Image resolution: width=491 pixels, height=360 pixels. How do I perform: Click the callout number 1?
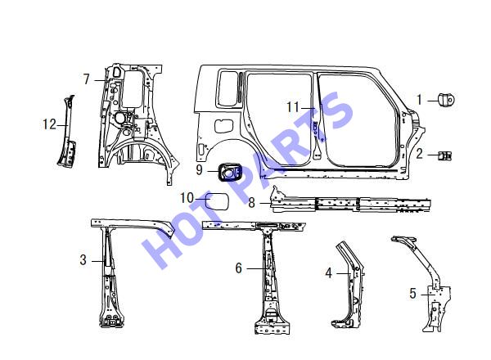coord(420,100)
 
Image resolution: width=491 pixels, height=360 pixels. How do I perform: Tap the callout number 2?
coord(419,154)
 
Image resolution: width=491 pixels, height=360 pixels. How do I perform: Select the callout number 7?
coord(87,79)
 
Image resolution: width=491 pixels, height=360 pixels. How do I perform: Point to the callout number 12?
coord(49,124)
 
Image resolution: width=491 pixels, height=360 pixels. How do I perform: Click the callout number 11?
coord(294,107)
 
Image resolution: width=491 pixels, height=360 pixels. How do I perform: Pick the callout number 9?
coord(200,170)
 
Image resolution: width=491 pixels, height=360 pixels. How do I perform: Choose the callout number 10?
coord(187,198)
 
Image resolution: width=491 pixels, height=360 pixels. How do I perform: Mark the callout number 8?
coord(252,203)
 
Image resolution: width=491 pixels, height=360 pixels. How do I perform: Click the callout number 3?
coord(83,260)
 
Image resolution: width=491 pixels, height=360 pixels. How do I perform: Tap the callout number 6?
coord(239,268)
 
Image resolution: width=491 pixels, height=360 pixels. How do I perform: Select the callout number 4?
coord(328,273)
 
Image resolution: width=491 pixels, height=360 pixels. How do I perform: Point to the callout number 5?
coord(413,294)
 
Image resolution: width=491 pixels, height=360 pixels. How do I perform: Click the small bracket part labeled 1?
coord(446,100)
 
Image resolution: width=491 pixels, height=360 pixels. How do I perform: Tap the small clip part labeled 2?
coord(445,155)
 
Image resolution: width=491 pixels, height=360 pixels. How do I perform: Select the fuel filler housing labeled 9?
coord(230,172)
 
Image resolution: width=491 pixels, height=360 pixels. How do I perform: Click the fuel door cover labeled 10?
coord(217,201)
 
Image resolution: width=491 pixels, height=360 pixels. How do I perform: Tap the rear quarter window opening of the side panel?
coord(227,88)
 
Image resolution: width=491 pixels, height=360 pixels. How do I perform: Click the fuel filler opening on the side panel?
coord(223,126)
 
